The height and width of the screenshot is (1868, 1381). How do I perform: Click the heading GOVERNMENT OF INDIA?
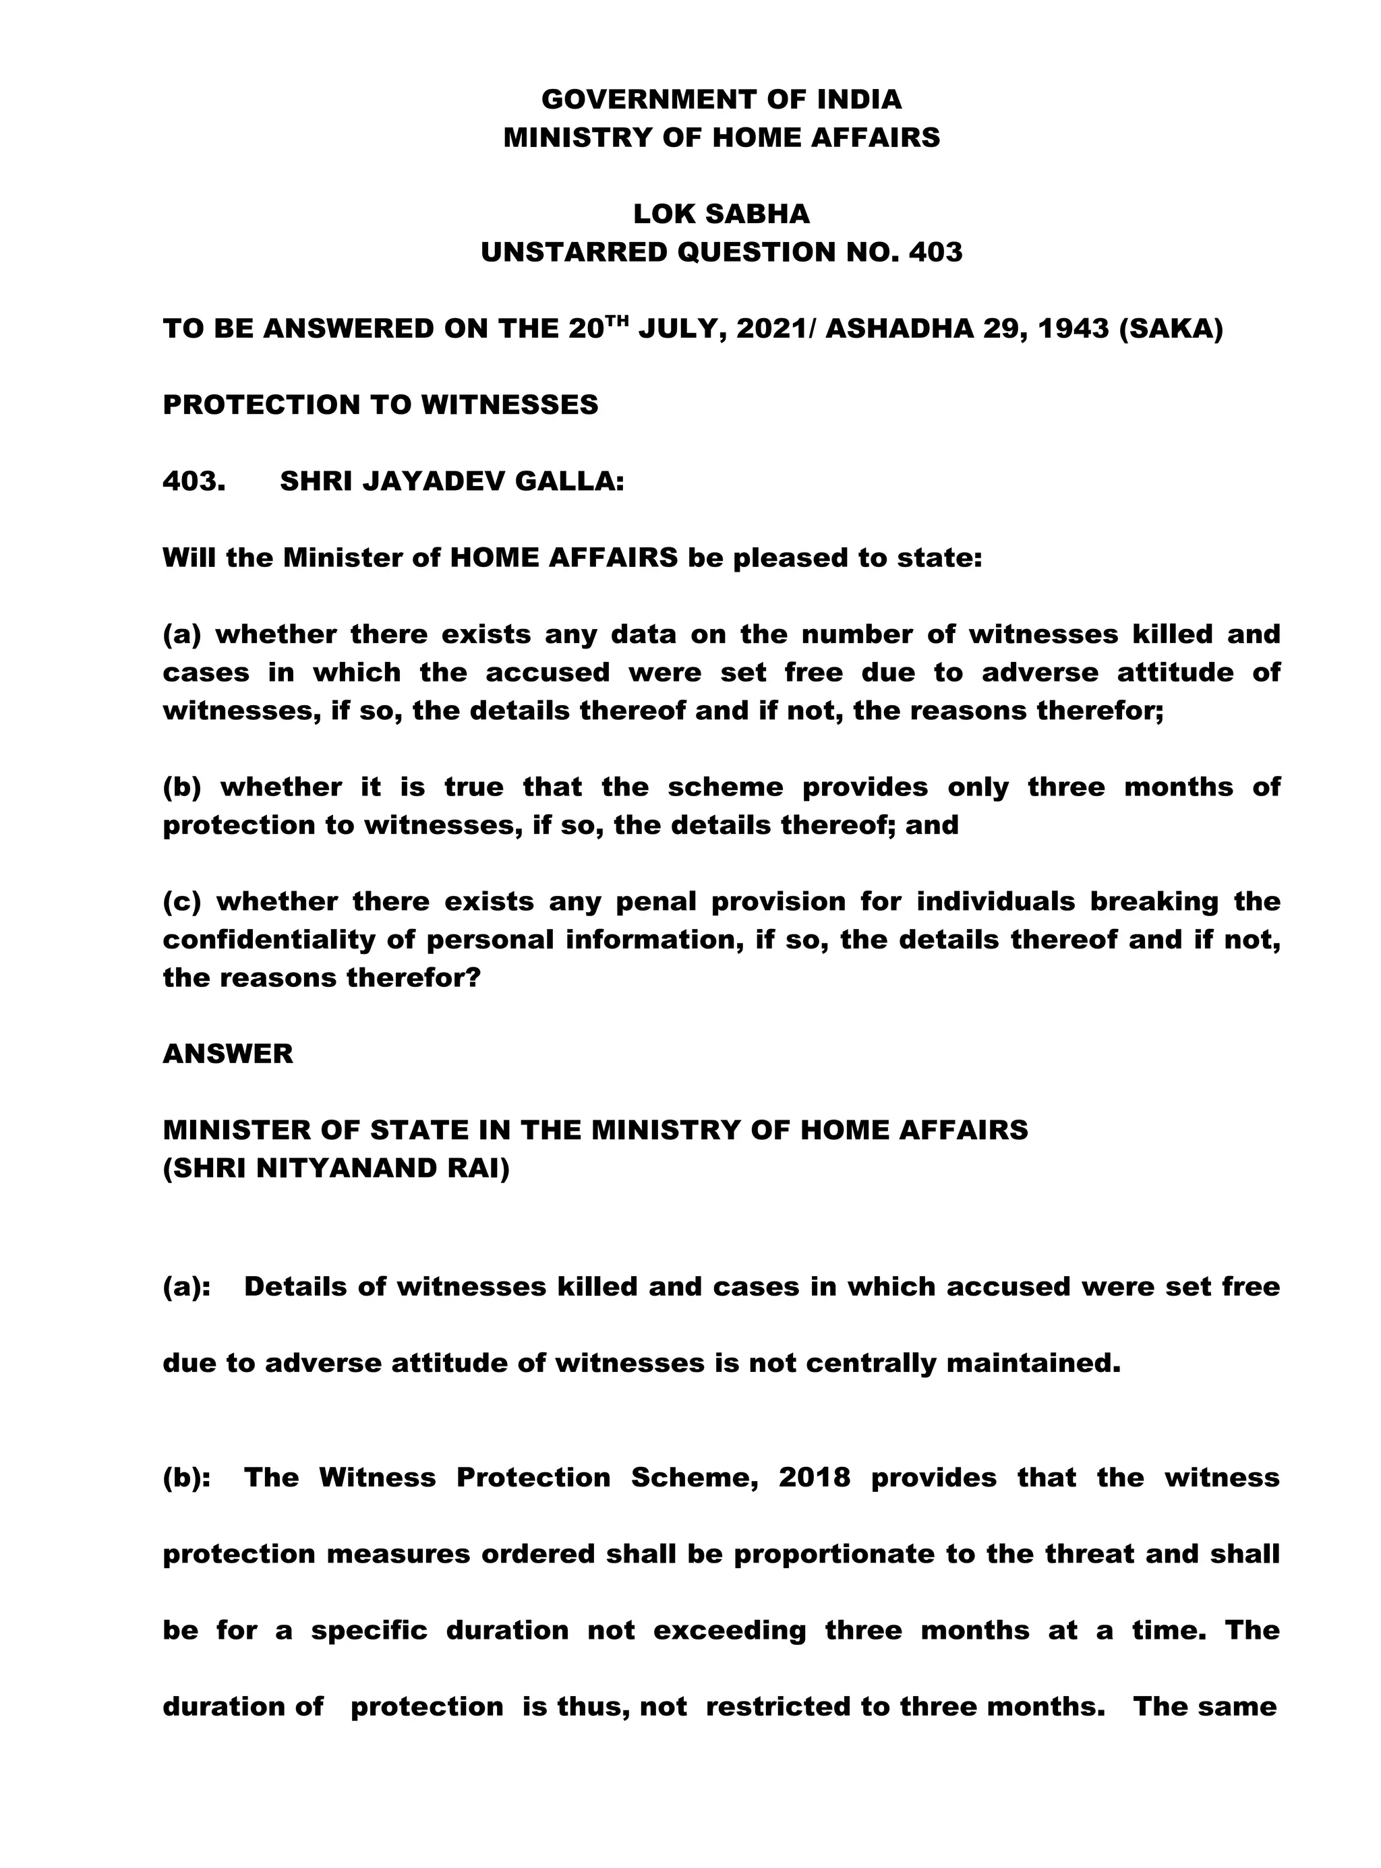[722, 100]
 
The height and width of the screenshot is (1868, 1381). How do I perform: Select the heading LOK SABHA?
[722, 214]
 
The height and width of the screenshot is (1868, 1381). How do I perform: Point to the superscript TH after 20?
[616, 320]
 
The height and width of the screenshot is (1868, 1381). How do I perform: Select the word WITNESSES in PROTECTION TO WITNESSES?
[509, 405]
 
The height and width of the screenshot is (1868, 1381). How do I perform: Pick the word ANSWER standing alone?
[227, 1054]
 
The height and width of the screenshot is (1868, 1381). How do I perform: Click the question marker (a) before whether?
[182, 635]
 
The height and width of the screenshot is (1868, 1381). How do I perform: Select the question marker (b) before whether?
[182, 787]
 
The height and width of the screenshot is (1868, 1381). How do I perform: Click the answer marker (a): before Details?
[186, 1287]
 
